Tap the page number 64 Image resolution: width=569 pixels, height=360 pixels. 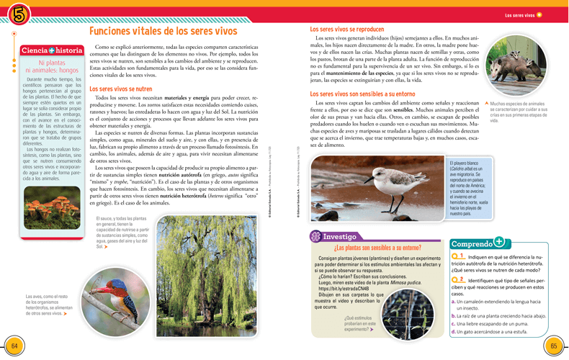pos(14,346)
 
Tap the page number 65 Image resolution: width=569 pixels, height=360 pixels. pos(554,346)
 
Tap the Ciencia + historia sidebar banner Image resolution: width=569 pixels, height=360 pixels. pos(52,50)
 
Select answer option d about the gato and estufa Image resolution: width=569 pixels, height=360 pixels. pos(490,331)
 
